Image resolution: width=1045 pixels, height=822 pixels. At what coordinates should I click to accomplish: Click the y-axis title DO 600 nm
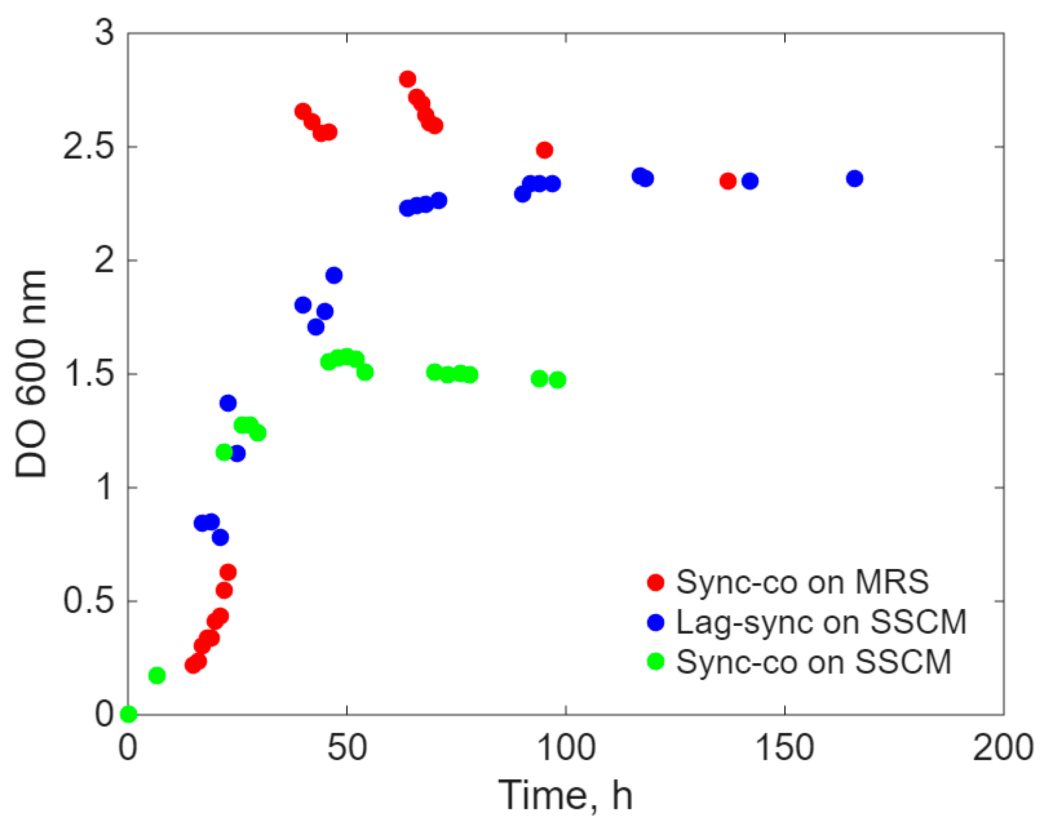tap(31, 374)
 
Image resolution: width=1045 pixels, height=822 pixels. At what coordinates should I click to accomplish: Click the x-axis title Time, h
tap(565, 795)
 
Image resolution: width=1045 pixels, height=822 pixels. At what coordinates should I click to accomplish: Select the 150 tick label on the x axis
tap(785, 748)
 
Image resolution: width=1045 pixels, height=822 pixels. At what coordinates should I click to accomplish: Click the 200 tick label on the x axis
tap(1003, 748)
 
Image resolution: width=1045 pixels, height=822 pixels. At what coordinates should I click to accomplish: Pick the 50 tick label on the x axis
tap(347, 748)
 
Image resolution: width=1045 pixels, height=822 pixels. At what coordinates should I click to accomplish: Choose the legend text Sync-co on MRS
tap(802, 582)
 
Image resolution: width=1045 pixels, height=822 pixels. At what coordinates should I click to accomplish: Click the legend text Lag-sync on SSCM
tap(821, 621)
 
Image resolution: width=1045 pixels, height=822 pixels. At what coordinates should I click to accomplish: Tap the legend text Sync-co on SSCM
tap(813, 661)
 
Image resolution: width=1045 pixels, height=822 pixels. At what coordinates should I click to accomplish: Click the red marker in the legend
tap(656, 582)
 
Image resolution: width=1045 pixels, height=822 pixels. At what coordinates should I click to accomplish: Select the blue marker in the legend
tap(656, 622)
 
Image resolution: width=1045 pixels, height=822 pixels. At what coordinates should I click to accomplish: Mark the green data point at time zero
tap(128, 714)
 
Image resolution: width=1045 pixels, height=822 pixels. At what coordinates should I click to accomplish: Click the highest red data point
tap(407, 79)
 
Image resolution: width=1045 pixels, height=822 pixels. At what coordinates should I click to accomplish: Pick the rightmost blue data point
tap(855, 178)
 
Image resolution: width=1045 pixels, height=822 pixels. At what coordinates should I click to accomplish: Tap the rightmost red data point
tap(727, 181)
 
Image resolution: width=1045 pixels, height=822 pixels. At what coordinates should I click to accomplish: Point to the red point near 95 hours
tap(544, 150)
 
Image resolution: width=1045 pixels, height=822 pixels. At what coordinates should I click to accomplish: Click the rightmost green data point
tap(557, 380)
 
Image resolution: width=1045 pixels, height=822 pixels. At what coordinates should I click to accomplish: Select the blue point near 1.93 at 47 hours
tap(334, 275)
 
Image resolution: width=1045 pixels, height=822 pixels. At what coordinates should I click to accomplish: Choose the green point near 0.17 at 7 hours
tap(157, 675)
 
